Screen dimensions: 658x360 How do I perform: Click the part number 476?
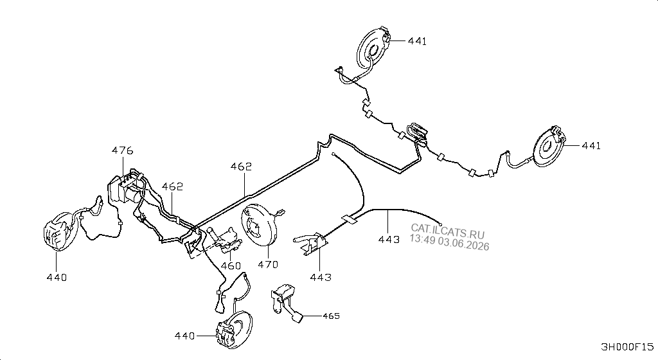[x=123, y=150]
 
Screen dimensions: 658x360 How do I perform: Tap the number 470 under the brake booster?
[x=268, y=264]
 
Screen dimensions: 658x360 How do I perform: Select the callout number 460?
[x=231, y=265]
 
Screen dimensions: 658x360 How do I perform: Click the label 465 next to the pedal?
[x=331, y=316]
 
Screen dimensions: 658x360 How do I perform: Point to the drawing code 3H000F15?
[x=627, y=347]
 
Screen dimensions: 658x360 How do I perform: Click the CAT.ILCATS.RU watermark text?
[x=447, y=230]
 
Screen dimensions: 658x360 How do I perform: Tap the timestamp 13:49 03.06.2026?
[x=449, y=242]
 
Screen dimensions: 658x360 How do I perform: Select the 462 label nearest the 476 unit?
[x=172, y=186]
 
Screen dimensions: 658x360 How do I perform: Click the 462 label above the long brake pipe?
[x=242, y=166]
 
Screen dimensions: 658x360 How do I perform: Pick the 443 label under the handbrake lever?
[x=321, y=277]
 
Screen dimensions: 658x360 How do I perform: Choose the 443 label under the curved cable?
[x=389, y=239]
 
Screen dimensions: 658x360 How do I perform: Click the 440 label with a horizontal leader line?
[x=185, y=336]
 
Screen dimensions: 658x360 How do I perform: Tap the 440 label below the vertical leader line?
[x=57, y=277]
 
